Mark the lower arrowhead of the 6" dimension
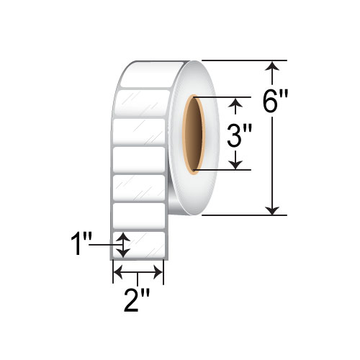coord(271,209)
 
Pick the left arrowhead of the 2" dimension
coord(119,273)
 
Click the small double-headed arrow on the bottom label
coord(124,245)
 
